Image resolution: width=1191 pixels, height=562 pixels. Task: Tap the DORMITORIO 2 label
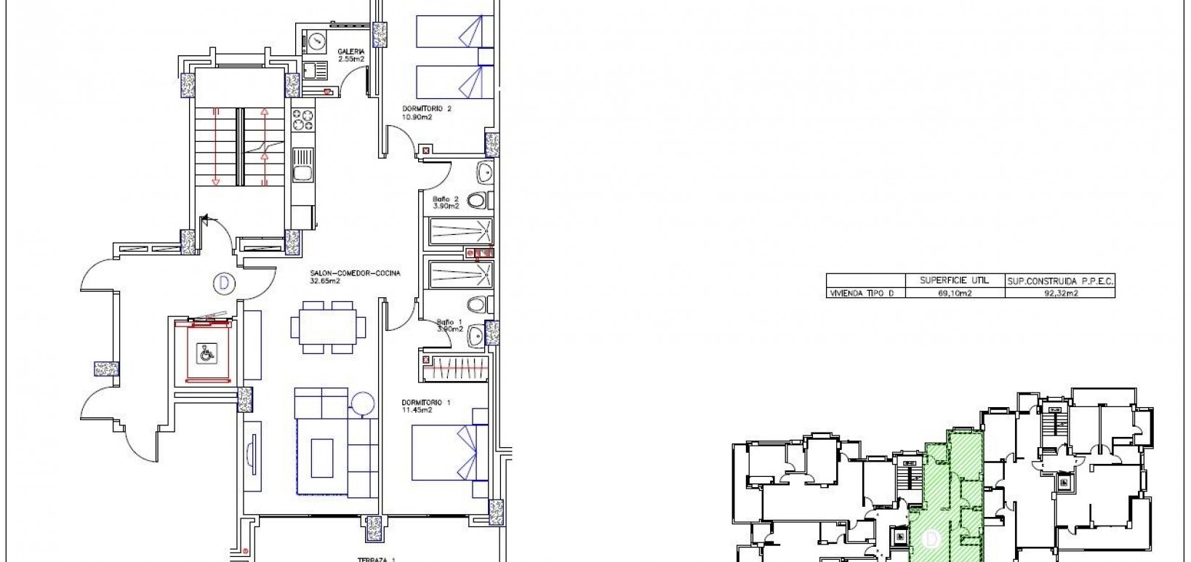coord(427,109)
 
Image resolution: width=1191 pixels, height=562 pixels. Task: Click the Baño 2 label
coord(446,199)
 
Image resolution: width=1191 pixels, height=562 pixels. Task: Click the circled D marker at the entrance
coord(222,282)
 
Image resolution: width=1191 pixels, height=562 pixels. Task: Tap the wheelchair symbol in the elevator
coord(207,353)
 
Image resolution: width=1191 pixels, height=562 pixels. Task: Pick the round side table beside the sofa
coord(362,401)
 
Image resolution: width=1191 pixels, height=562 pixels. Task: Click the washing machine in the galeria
coord(317,41)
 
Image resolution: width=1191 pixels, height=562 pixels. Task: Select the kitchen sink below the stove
coord(302,165)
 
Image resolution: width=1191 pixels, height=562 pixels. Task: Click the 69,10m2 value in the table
coord(955,293)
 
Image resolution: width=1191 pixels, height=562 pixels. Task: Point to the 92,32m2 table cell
coord(1059,293)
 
